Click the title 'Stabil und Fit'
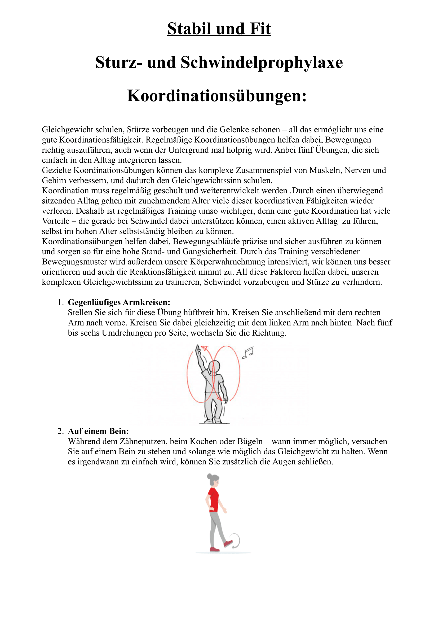click(219, 29)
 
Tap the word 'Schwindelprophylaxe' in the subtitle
click(262, 62)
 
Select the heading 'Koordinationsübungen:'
click(217, 96)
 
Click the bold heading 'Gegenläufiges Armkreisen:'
click(119, 302)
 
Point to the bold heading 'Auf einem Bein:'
click(98, 431)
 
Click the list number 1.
click(60, 302)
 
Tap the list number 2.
click(60, 431)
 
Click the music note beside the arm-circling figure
click(248, 353)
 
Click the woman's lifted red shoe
click(228, 543)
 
